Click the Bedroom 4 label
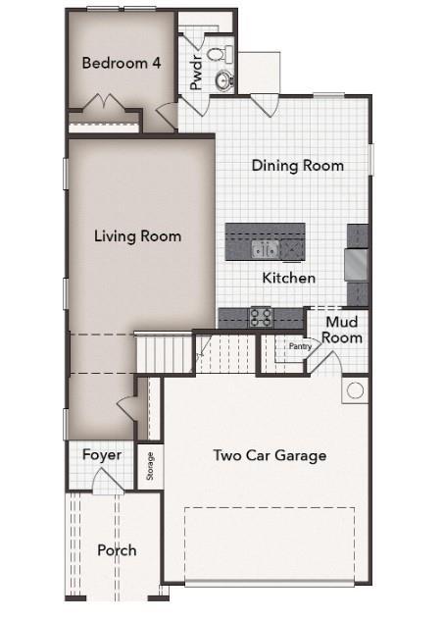[122, 63]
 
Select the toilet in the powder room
[224, 56]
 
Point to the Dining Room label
[297, 166]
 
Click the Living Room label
[137, 235]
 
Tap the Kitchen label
[289, 279]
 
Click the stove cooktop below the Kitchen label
[261, 316]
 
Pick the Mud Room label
[343, 330]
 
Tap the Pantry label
[299, 345]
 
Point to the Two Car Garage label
[270, 455]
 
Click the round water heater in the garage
[354, 390]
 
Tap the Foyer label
[102, 455]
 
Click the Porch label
[117, 550]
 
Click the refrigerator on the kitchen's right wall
[358, 263]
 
